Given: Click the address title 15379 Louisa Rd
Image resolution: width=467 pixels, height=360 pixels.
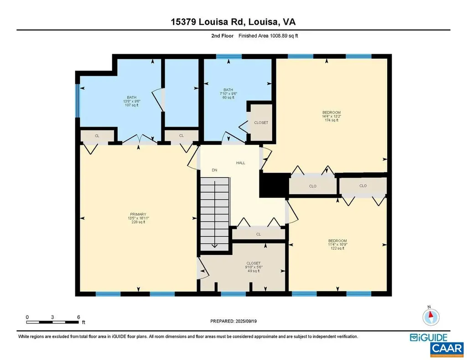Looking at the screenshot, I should point(233,21).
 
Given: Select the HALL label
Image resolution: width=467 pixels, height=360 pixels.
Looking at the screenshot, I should point(240,163).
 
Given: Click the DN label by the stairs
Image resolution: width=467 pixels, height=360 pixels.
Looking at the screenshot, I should point(214,170).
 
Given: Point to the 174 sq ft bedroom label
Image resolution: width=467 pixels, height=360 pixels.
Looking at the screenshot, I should point(331,116).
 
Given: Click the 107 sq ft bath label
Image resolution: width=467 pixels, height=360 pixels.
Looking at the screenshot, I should point(131,101).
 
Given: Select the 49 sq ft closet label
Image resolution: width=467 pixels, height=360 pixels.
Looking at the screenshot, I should point(253,267).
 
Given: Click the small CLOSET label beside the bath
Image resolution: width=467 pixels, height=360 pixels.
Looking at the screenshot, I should point(261,123).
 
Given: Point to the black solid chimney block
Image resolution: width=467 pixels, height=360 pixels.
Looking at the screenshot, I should point(274,185).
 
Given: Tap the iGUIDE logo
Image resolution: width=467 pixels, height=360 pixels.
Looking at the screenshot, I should point(429,338).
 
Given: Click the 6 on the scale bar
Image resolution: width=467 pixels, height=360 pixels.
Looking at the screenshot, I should point(78,317).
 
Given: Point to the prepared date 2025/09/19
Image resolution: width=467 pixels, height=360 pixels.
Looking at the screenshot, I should point(233,321).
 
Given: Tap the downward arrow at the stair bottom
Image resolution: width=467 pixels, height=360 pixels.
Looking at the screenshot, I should point(214,245).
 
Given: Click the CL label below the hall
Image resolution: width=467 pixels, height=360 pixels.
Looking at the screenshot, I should point(258,234).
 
